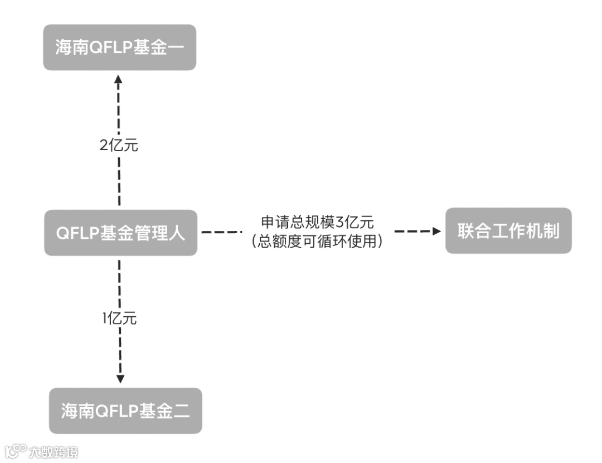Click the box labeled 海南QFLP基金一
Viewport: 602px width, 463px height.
click(x=119, y=47)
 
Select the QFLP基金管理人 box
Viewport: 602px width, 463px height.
click(x=120, y=233)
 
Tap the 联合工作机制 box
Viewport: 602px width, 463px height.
click(x=508, y=231)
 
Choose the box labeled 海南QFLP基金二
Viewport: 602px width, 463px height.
click(x=125, y=411)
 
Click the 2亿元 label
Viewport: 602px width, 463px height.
click(x=118, y=147)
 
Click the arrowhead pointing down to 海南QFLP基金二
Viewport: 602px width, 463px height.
click(x=119, y=379)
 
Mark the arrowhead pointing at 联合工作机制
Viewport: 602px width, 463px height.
click(x=436, y=231)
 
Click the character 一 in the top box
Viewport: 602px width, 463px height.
click(x=176, y=47)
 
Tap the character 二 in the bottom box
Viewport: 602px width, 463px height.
click(x=182, y=411)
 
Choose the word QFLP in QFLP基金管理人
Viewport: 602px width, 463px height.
click(x=77, y=233)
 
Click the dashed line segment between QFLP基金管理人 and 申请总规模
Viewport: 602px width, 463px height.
click(x=221, y=231)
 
